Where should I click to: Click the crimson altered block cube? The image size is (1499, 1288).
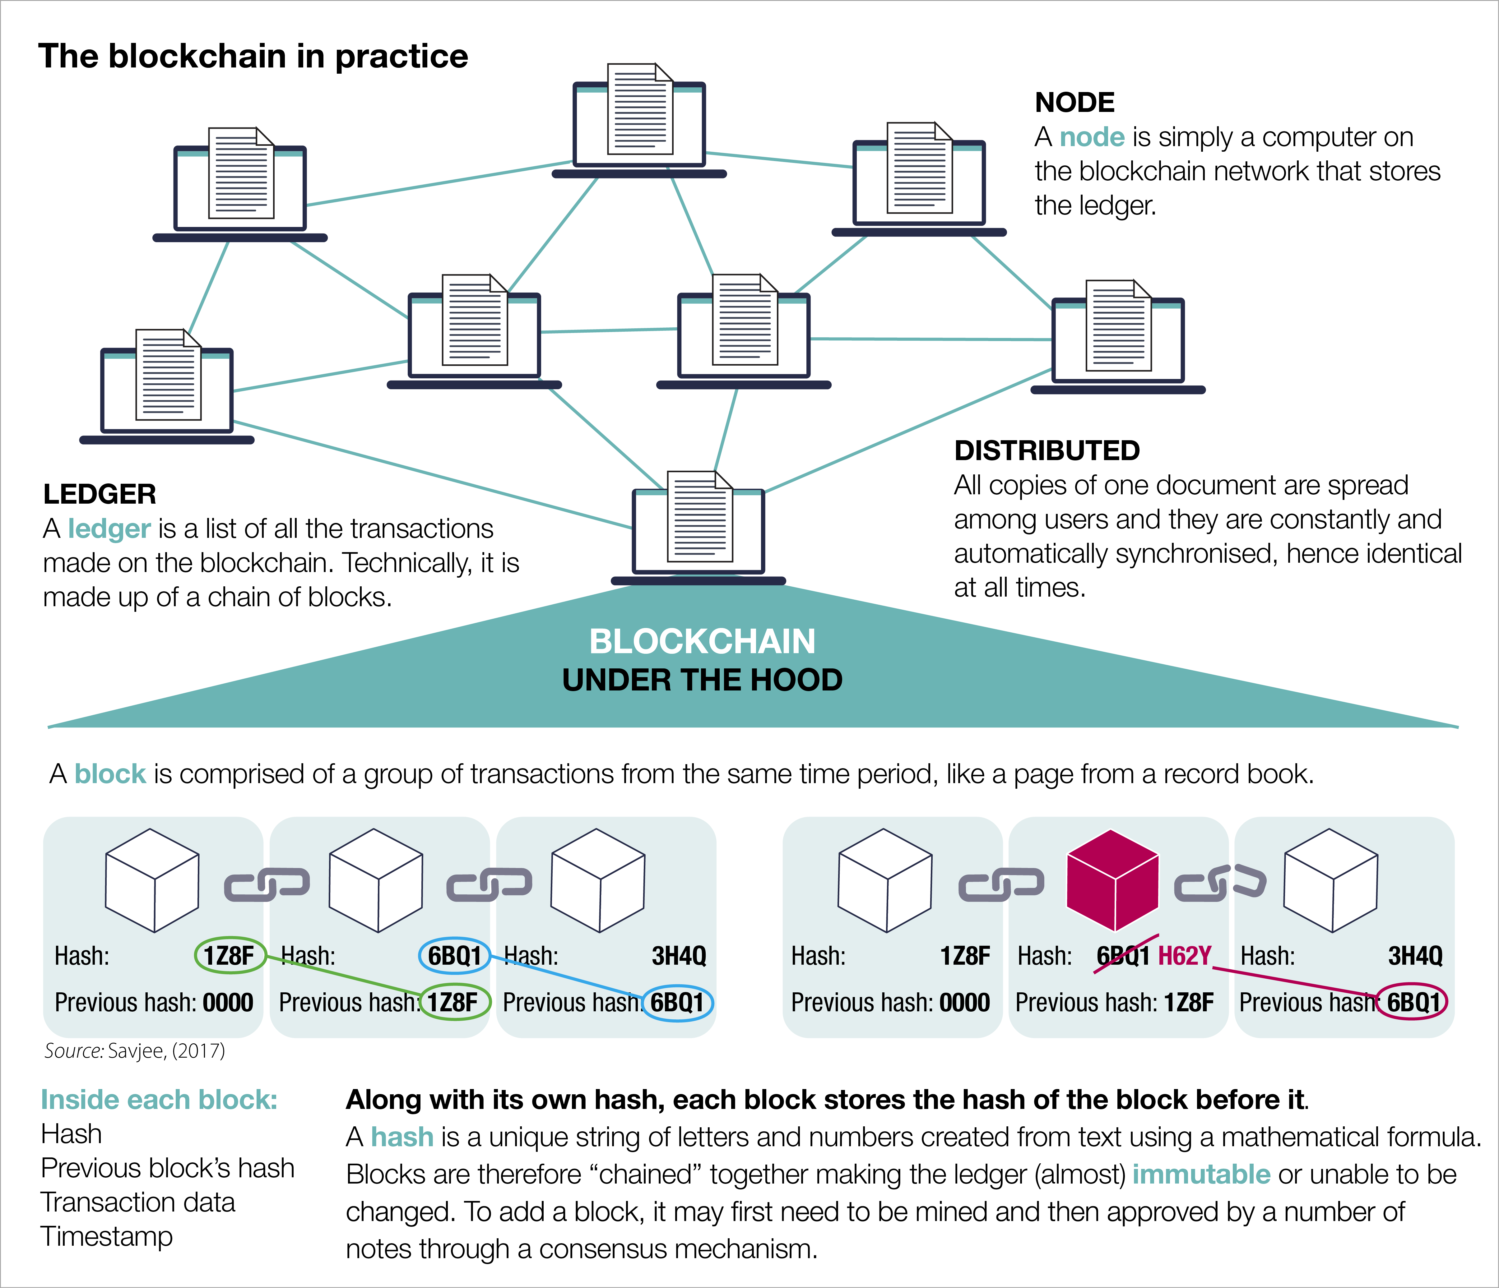[1113, 880]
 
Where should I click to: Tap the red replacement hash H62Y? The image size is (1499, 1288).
[1184, 956]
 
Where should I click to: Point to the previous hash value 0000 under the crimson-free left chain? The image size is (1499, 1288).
[228, 1003]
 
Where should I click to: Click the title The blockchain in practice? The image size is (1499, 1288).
[253, 56]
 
